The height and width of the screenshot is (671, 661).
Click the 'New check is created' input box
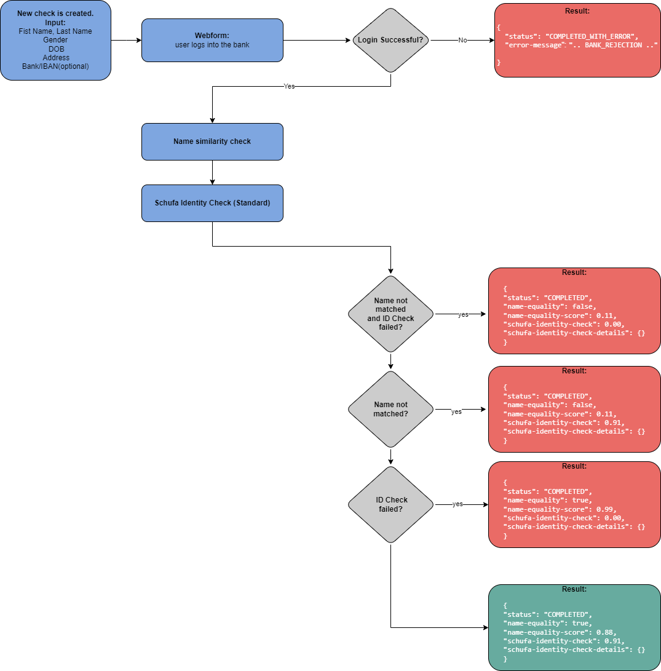(55, 40)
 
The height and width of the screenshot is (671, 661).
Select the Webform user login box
(212, 40)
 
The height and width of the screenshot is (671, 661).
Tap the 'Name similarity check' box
(212, 141)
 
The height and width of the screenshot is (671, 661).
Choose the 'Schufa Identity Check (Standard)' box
(212, 203)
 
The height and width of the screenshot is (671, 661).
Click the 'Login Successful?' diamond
(391, 41)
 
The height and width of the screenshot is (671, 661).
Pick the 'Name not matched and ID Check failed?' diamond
(390, 314)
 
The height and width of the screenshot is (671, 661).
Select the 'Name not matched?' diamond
(390, 409)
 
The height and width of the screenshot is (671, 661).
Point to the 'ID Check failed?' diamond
(390, 504)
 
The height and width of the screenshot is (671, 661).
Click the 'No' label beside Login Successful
(462, 41)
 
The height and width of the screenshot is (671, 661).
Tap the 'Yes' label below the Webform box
(289, 87)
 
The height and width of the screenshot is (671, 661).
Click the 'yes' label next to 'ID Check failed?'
(457, 504)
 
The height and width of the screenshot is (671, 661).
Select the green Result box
(574, 627)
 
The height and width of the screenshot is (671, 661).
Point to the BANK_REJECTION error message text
(616, 46)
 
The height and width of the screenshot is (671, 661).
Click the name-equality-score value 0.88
(606, 632)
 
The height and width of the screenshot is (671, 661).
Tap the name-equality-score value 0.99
(606, 509)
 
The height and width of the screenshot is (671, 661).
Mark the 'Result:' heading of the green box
(574, 589)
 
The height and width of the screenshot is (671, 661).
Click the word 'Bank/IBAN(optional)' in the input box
(55, 66)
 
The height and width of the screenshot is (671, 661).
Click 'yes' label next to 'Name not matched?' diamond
(456, 412)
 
